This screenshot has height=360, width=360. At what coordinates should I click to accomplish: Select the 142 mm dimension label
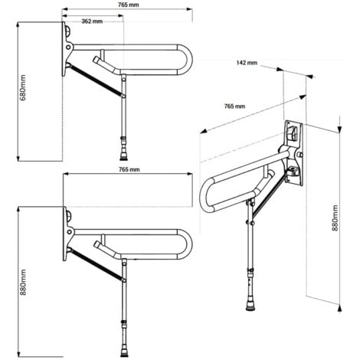coord(247,63)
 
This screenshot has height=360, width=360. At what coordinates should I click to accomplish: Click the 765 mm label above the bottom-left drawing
coord(129,169)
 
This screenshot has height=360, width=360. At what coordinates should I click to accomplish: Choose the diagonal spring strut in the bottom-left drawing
coord(96,264)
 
